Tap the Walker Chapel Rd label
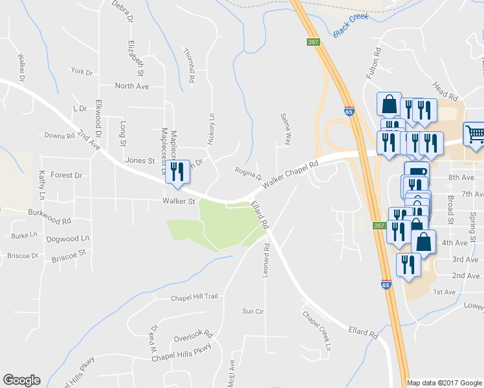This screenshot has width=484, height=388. (291, 175)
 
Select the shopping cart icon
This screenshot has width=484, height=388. (475, 134)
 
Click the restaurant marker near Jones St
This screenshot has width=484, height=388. (177, 171)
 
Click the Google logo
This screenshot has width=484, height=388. (21, 380)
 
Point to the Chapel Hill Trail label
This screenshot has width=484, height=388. (194, 298)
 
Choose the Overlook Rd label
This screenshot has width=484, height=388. (193, 337)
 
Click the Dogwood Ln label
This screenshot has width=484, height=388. (67, 239)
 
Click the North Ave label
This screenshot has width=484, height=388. (131, 86)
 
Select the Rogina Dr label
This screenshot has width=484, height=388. (248, 174)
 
